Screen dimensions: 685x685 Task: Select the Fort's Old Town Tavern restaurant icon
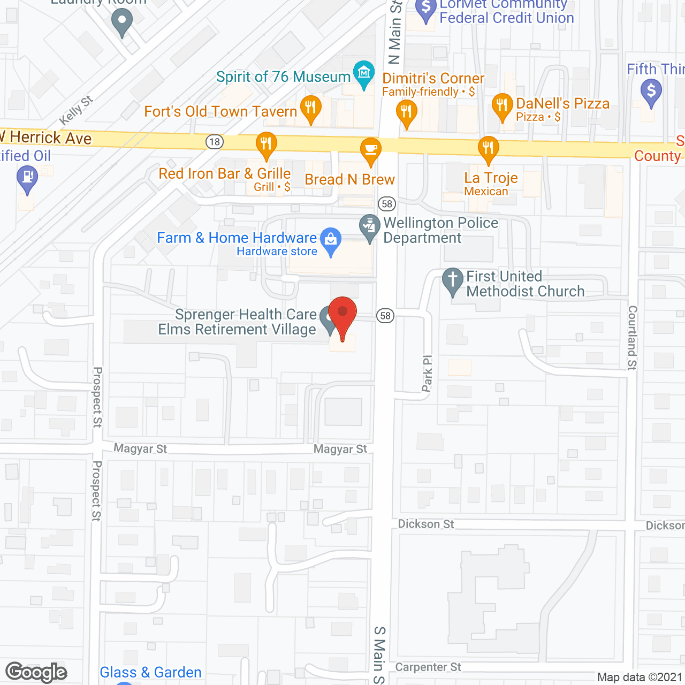(x=311, y=108)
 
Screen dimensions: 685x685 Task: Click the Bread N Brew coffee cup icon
(x=370, y=149)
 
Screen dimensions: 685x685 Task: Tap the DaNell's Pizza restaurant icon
(x=502, y=105)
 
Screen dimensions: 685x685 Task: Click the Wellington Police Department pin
(x=369, y=226)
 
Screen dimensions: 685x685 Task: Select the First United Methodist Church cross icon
(x=453, y=280)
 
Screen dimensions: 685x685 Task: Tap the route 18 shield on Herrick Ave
(x=215, y=142)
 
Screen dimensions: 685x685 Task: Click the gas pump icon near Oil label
(x=27, y=177)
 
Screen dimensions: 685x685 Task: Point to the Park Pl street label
(x=427, y=374)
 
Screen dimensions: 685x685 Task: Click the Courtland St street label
(x=633, y=338)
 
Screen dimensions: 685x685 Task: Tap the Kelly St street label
(x=76, y=110)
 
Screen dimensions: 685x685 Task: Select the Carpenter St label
(x=428, y=667)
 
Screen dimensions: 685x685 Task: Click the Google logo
(x=36, y=672)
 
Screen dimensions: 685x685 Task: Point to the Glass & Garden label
(x=150, y=672)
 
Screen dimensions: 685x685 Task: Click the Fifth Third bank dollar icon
(x=651, y=90)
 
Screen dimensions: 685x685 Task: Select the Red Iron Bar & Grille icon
(x=266, y=144)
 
